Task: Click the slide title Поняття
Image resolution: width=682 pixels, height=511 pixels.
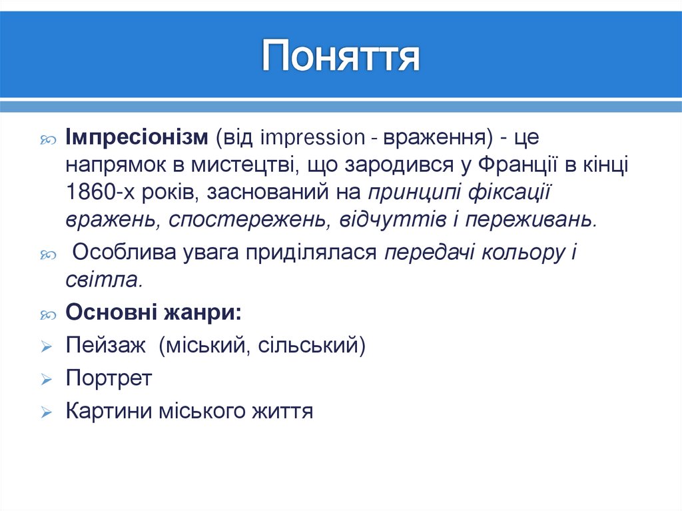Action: pyautogui.click(x=340, y=56)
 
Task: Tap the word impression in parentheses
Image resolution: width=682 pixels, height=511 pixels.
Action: pyautogui.click(x=313, y=137)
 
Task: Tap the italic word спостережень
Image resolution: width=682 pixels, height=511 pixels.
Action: pyautogui.click(x=244, y=219)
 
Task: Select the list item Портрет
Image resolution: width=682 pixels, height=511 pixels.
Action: pyautogui.click(x=109, y=378)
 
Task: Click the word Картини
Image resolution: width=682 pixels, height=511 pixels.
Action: pyautogui.click(x=108, y=410)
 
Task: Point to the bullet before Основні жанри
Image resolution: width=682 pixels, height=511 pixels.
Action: pyautogui.click(x=46, y=314)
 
